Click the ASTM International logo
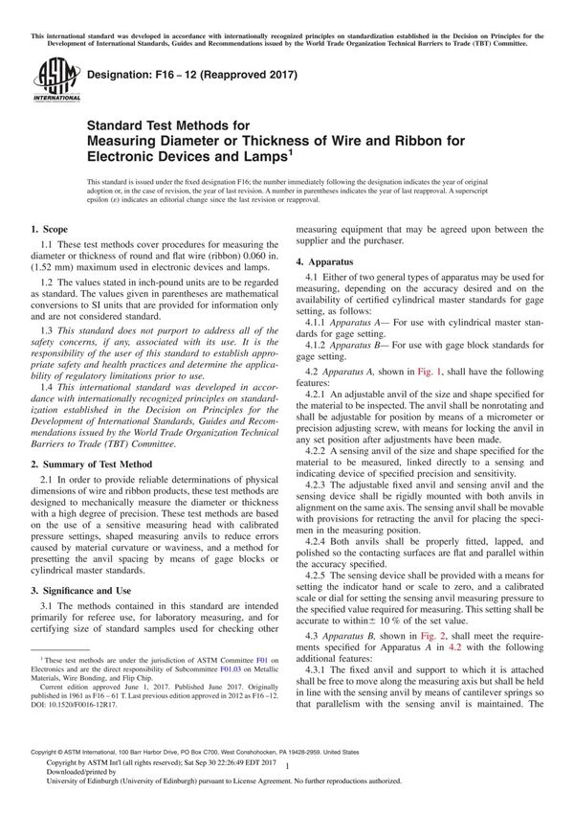pos(45,79)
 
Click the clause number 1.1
pos(48,247)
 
